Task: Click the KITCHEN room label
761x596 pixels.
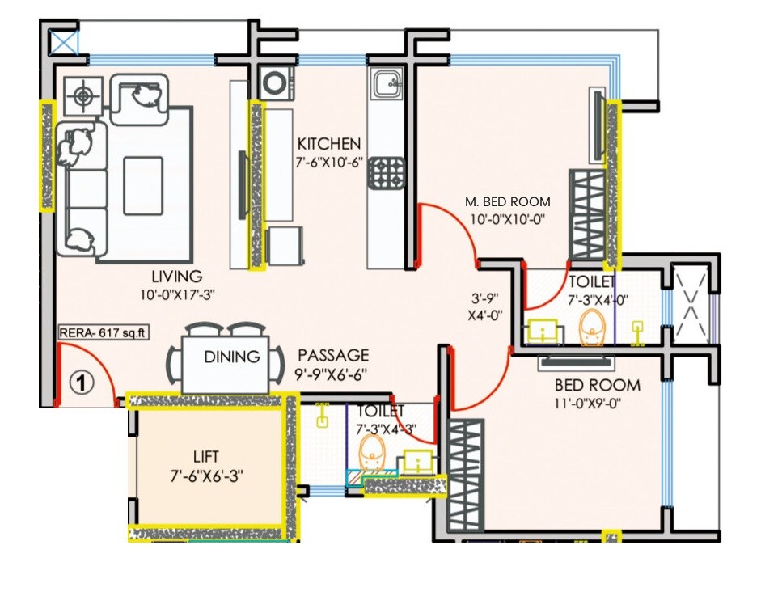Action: pyautogui.click(x=328, y=144)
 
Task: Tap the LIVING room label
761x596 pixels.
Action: pyautogui.click(x=171, y=277)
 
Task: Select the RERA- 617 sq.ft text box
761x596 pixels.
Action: pyautogui.click(x=95, y=331)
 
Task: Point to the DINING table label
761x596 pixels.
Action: pyautogui.click(x=231, y=357)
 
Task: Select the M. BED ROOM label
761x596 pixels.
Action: pyautogui.click(x=507, y=201)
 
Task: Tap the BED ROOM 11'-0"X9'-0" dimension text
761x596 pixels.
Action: pyautogui.click(x=586, y=403)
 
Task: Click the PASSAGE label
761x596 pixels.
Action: pyautogui.click(x=333, y=356)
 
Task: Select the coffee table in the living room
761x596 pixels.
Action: pyautogui.click(x=146, y=184)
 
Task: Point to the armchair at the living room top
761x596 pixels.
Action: pyautogui.click(x=139, y=98)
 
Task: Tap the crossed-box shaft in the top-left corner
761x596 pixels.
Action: pyautogui.click(x=63, y=41)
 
